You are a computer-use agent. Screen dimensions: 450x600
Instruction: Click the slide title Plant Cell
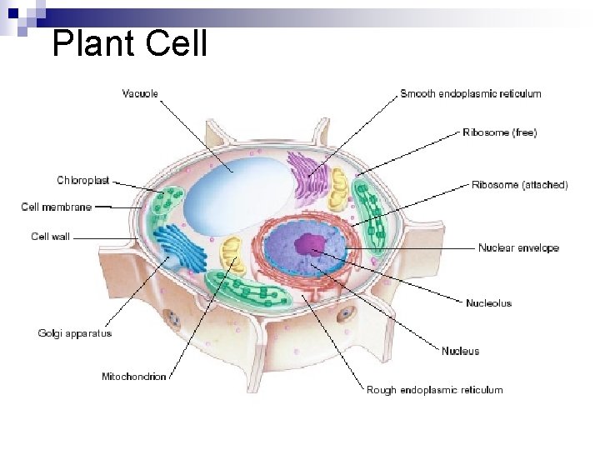pyautogui.click(x=129, y=43)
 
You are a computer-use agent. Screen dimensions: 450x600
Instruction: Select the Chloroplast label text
pyautogui.click(x=83, y=180)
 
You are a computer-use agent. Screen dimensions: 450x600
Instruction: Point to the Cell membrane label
pyautogui.click(x=57, y=207)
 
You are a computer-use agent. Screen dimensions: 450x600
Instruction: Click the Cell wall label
pyautogui.click(x=51, y=237)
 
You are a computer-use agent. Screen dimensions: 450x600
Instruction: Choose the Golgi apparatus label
pyautogui.click(x=75, y=333)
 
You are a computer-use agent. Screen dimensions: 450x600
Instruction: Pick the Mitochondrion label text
pyautogui.click(x=134, y=377)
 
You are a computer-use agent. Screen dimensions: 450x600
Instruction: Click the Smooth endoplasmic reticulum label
pyautogui.click(x=471, y=93)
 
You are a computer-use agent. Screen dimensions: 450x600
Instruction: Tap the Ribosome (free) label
pyautogui.click(x=500, y=132)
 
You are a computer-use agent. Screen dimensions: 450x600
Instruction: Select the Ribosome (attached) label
pyautogui.click(x=520, y=185)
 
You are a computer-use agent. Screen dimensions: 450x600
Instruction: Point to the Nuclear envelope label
pyautogui.click(x=518, y=247)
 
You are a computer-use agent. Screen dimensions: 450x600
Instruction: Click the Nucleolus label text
pyautogui.click(x=489, y=302)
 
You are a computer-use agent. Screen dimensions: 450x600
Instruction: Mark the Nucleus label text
pyautogui.click(x=461, y=351)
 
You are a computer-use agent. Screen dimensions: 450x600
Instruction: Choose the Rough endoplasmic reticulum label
pyautogui.click(x=435, y=389)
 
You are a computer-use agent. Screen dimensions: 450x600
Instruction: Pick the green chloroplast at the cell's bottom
pyautogui.click(x=250, y=288)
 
